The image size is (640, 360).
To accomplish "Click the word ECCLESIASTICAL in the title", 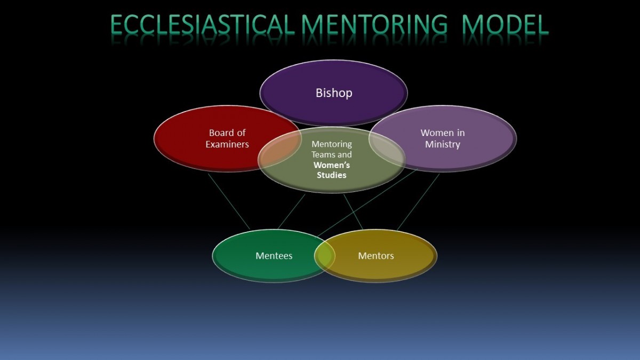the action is coord(202,25).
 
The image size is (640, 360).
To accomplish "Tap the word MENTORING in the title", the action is coord(374,25).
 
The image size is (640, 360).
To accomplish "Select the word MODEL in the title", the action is coord(505,25).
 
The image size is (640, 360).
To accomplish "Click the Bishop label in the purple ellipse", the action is coord(334,93).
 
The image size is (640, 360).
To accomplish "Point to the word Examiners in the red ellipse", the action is coord(227,145).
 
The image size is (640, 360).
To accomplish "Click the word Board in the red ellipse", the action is coord(219,133).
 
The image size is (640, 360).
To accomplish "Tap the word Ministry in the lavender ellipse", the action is coord(443,145).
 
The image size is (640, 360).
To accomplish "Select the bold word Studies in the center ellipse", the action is coord(331,175).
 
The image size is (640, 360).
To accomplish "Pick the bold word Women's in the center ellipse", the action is coord(331,165).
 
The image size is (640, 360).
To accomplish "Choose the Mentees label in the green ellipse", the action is coord(274,255).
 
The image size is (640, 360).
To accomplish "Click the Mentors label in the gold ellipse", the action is coord(375,255).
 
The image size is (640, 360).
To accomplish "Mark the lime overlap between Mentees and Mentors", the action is coord(325,255).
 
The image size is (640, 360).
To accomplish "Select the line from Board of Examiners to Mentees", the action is coord(229,201).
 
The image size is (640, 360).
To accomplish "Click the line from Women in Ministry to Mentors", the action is coord(418,202).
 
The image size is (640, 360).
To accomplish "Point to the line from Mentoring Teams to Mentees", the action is coord(291,211).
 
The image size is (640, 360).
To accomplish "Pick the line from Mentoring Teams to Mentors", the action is coord(353,212).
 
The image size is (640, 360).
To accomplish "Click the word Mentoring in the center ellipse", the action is coord(332,145).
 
